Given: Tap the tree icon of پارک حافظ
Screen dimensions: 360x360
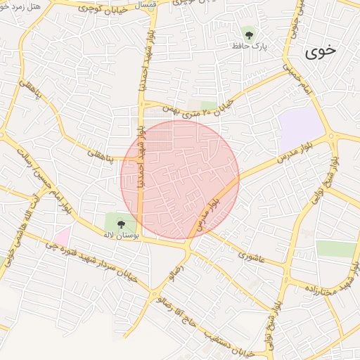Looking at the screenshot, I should point(247,33).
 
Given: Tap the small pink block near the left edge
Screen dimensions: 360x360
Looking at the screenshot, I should point(62,236).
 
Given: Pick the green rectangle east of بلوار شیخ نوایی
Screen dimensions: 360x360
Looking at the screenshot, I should point(336,249).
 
